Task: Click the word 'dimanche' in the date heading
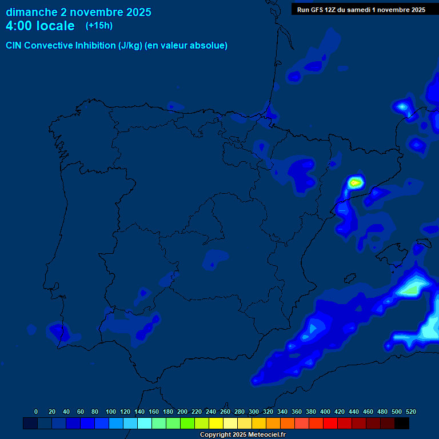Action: (x=31, y=12)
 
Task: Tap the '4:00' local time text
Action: (x=20, y=26)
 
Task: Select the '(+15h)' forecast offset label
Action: (x=99, y=26)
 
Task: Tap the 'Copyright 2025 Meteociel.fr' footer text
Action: (x=242, y=435)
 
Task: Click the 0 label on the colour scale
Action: (x=36, y=412)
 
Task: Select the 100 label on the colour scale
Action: (x=111, y=412)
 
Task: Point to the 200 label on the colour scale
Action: (x=182, y=412)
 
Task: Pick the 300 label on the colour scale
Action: (x=254, y=412)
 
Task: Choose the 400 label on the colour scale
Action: (x=325, y=412)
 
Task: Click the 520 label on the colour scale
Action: (x=410, y=412)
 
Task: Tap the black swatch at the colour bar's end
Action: (x=401, y=424)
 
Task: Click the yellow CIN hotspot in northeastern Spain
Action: (x=356, y=183)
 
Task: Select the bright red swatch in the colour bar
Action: (x=330, y=424)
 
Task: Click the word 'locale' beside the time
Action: (x=55, y=26)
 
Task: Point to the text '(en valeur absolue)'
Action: (x=186, y=46)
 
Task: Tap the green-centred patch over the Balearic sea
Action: (x=410, y=290)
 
